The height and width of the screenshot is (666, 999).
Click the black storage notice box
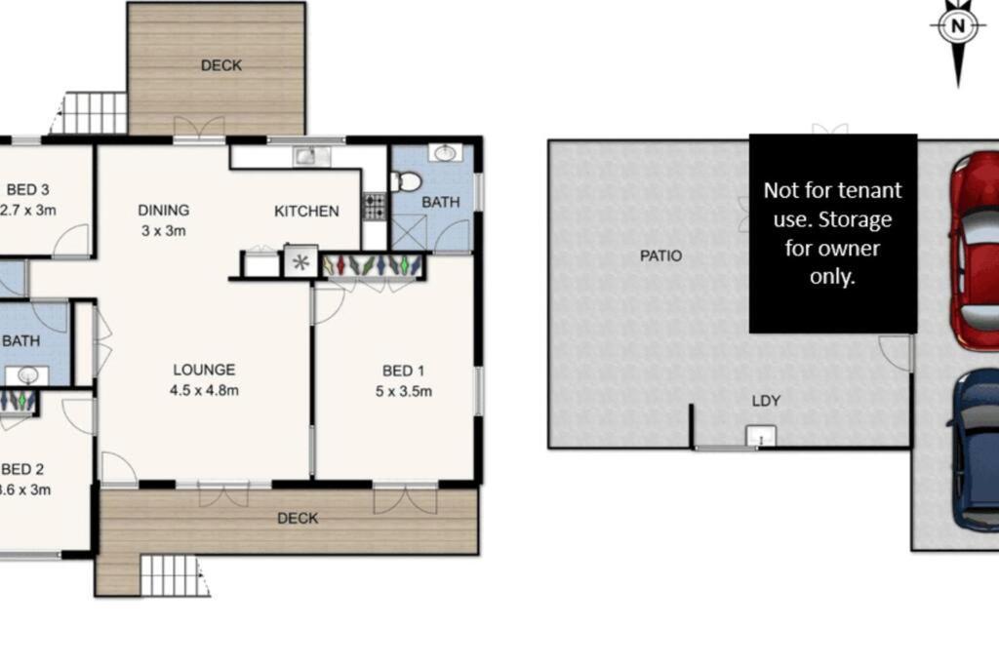(832, 233)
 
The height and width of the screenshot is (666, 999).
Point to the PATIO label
(660, 256)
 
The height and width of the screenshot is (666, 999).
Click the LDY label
(766, 401)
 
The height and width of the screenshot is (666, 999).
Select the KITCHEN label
(306, 211)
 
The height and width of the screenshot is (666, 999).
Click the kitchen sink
(307, 155)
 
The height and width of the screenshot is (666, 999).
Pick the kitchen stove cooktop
(375, 206)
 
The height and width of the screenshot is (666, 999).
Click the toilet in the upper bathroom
(407, 181)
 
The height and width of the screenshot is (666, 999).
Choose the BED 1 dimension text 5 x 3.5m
(404, 392)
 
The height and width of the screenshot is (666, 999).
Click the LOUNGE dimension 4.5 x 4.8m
(205, 390)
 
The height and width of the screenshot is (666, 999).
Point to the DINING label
(163, 210)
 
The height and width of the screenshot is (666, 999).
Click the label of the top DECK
(221, 65)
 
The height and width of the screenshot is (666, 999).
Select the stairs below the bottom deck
(175, 575)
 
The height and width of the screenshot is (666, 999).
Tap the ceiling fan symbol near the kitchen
(300, 262)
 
